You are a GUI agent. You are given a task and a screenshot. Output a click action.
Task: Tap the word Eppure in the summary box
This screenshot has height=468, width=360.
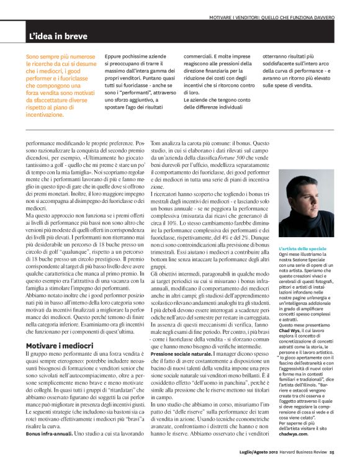click(113, 55)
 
